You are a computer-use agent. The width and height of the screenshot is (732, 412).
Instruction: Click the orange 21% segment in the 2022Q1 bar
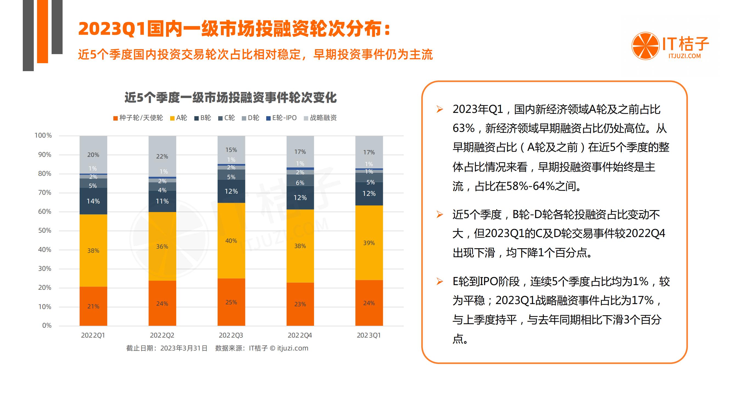tap(93, 306)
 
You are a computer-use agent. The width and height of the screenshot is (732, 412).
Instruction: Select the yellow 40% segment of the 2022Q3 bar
tap(231, 241)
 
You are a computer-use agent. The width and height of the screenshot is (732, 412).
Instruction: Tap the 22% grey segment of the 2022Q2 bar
tap(162, 156)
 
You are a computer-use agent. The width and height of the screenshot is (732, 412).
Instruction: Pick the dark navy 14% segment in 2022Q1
tap(93, 201)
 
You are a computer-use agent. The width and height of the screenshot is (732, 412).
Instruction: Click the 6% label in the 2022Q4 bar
tap(300, 183)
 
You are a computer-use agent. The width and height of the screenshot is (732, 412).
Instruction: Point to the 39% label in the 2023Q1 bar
tap(369, 243)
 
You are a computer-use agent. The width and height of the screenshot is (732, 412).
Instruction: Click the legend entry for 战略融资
tap(320, 118)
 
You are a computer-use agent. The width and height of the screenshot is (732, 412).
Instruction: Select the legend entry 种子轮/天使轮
tap(138, 118)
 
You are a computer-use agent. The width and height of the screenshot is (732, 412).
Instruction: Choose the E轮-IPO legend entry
tap(281, 118)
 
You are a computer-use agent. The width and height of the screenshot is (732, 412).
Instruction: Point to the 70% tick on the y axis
tap(45, 193)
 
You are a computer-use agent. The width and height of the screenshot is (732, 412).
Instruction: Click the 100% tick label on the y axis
tap(43, 136)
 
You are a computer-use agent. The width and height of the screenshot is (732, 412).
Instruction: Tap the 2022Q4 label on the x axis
tap(300, 335)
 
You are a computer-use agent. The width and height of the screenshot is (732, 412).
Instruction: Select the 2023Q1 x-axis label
tap(369, 335)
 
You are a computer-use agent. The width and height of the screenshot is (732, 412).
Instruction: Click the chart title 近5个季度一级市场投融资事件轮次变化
tap(231, 98)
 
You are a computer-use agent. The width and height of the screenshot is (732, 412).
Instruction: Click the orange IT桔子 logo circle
tap(645, 46)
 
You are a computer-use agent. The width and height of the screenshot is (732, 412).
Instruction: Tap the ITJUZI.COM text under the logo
tap(684, 56)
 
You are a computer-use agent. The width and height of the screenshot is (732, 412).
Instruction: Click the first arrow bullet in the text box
tap(440, 110)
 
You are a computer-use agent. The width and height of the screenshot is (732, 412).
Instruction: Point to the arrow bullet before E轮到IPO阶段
tap(440, 282)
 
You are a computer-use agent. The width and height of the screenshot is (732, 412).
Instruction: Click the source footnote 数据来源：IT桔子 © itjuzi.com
tap(261, 348)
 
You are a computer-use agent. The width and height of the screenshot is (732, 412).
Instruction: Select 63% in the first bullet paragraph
tap(464, 129)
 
